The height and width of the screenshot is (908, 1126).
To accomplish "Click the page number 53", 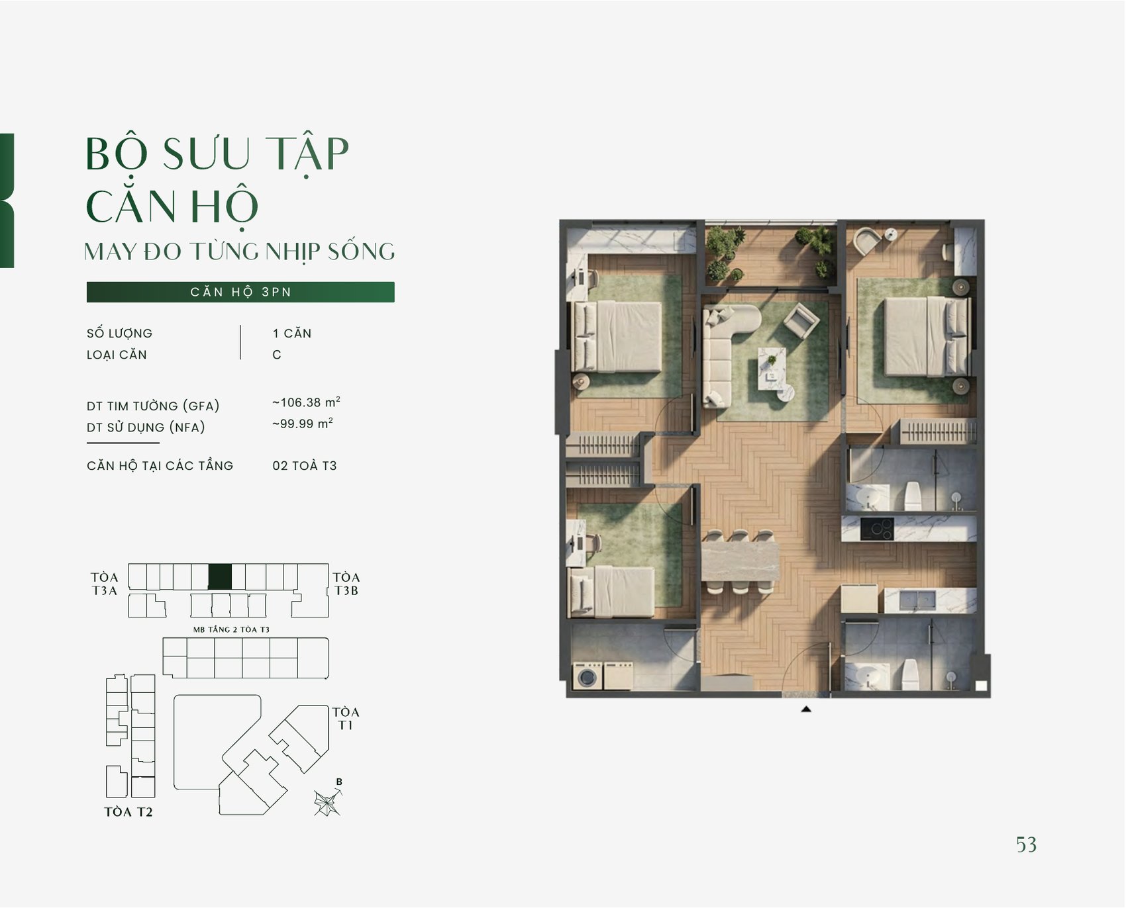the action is pyautogui.click(x=1026, y=844).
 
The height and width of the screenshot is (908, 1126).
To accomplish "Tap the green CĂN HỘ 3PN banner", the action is pyautogui.click(x=240, y=292).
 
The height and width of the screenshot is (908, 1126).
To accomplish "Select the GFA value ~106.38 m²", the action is pyautogui.click(x=306, y=402).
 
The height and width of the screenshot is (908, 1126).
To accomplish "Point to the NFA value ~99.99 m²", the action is pyautogui.click(x=302, y=423).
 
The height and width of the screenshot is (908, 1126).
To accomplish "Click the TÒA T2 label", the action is pyautogui.click(x=128, y=811).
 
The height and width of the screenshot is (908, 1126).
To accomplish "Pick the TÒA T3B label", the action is pyautogui.click(x=346, y=584).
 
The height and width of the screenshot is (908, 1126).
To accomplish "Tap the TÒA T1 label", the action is pyautogui.click(x=346, y=718).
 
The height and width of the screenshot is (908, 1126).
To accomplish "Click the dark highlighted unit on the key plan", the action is pyautogui.click(x=220, y=576).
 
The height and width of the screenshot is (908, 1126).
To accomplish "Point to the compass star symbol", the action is pyautogui.click(x=327, y=803).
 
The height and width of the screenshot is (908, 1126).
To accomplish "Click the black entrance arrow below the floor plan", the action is pyautogui.click(x=806, y=709).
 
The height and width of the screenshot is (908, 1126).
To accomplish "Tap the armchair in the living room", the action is pyautogui.click(x=801, y=321).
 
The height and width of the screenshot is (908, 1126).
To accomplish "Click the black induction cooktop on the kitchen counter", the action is pyautogui.click(x=877, y=529).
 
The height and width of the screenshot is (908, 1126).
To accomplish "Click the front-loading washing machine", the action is pyautogui.click(x=587, y=676).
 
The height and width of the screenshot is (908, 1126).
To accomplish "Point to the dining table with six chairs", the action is pyautogui.click(x=740, y=561).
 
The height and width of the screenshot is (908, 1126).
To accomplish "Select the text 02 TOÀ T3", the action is pyautogui.click(x=305, y=465).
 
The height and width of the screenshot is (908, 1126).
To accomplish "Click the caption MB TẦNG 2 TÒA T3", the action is pyautogui.click(x=231, y=629).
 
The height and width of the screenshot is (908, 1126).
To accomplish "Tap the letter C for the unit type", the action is pyautogui.click(x=277, y=355).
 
